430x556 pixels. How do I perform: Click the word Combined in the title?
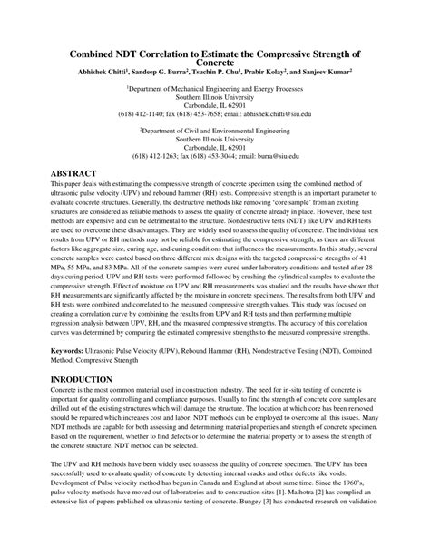point(99,54)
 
